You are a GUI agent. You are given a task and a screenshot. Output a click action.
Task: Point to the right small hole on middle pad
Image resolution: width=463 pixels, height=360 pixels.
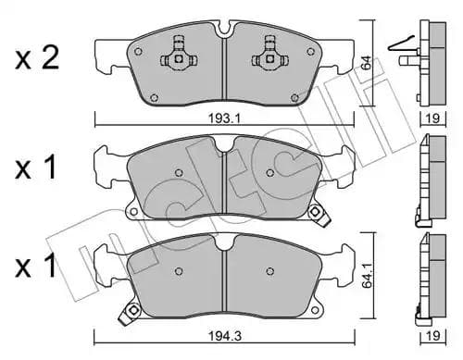pyautogui.click(x=269, y=172)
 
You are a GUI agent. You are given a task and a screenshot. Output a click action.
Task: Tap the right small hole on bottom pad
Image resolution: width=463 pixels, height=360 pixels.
pyautogui.click(x=269, y=271)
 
